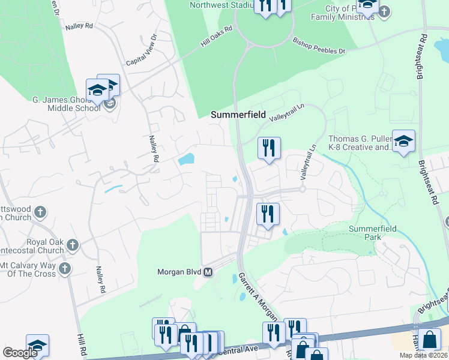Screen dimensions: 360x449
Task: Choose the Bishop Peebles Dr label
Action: [x=319, y=47]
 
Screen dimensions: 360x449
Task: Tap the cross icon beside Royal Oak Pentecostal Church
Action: [x=72, y=245]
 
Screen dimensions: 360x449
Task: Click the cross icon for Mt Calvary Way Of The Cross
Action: [x=64, y=268]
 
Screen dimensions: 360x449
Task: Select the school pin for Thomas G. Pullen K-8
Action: [x=403, y=142]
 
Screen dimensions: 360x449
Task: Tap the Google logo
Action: [x=20, y=353]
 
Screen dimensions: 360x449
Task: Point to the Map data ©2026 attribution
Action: [x=423, y=355]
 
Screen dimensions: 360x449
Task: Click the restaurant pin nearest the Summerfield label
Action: [x=268, y=146]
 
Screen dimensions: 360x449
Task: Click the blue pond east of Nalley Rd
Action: [x=187, y=160]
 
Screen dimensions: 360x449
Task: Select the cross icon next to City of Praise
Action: [x=385, y=11]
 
